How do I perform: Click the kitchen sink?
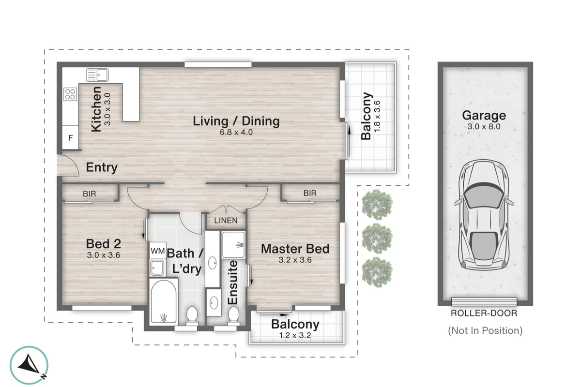click(x=97, y=75)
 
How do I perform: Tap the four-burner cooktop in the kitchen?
click(x=70, y=93)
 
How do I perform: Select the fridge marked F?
click(x=70, y=138)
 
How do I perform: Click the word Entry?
click(x=102, y=168)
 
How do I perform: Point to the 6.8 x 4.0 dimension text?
click(x=236, y=132)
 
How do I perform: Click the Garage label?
click(x=484, y=116)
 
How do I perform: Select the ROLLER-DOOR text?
click(x=484, y=313)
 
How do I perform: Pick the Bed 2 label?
click(x=102, y=243)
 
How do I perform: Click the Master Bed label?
click(x=295, y=249)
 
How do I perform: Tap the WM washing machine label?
click(x=157, y=251)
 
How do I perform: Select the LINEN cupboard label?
click(x=226, y=221)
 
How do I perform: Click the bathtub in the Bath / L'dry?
click(x=164, y=301)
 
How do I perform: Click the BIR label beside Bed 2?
click(x=89, y=193)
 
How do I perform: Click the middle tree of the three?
click(x=378, y=237)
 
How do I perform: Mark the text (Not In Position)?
click(x=485, y=331)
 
